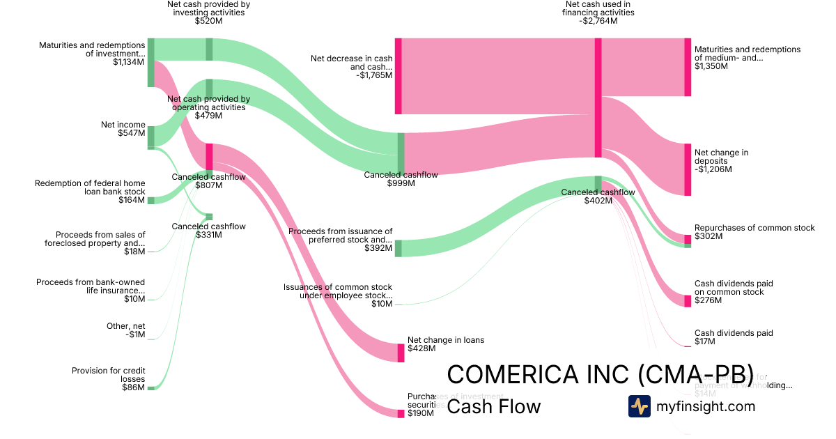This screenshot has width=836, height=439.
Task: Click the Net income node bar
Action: pyautogui.click(x=150, y=137)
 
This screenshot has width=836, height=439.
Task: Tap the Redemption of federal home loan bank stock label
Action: pyautogui.click(x=90, y=187)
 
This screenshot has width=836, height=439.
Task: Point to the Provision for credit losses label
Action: pyautogui.click(x=108, y=375)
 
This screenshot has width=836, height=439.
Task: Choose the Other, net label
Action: pyautogui.click(x=125, y=326)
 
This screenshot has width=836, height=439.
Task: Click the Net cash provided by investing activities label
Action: pyautogui.click(x=208, y=8)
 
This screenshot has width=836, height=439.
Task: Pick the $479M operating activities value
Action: pyautogui.click(x=208, y=116)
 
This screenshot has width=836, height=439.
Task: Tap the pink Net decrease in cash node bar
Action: pyautogui.click(x=398, y=76)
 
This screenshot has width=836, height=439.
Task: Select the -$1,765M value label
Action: pyautogui.click(x=374, y=76)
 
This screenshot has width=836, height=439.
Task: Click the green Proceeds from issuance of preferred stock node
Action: pyautogui.click(x=398, y=248)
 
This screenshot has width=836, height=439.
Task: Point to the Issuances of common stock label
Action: pyautogui.click(x=338, y=291)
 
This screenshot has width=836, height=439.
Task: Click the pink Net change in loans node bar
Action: pyautogui.click(x=401, y=353)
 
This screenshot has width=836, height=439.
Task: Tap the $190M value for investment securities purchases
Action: pyautogui.click(x=420, y=413)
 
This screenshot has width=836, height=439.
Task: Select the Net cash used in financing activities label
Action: pyautogui.click(x=598, y=8)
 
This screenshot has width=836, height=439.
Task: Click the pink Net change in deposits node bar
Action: pyautogui.click(x=688, y=169)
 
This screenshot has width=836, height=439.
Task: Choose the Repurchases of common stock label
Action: pyautogui.click(x=754, y=228)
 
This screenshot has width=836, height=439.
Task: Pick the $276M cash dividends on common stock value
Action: pyautogui.click(x=709, y=300)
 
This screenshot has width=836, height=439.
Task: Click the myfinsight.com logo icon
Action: pyautogui.click(x=639, y=406)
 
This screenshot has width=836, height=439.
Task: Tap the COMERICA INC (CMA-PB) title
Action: pyautogui.click(x=600, y=374)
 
